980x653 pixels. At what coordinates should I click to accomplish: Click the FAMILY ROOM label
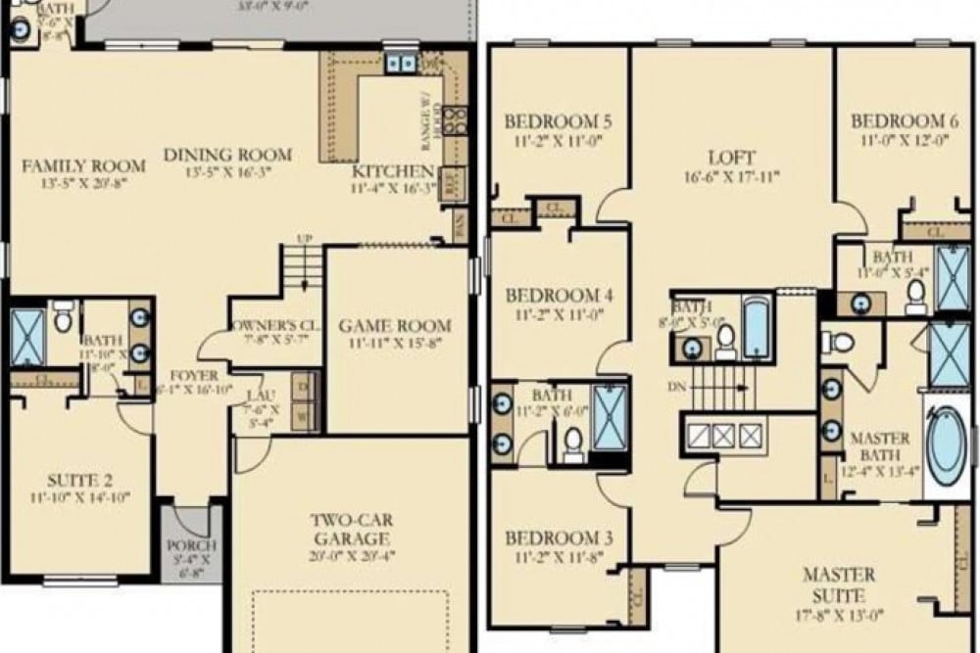(84, 164)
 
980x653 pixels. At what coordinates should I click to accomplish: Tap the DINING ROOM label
(227, 155)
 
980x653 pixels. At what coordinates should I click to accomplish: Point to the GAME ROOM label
(395, 325)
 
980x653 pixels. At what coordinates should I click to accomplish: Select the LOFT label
(731, 158)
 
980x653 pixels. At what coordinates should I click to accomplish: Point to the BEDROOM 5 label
(559, 122)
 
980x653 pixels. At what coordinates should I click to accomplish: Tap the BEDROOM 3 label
(559, 538)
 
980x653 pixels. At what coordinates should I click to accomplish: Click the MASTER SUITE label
(840, 584)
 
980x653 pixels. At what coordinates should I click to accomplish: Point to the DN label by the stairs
(676, 387)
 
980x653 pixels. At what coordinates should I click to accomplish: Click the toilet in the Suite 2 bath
(62, 319)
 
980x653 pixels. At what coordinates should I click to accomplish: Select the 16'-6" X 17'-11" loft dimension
(731, 177)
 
